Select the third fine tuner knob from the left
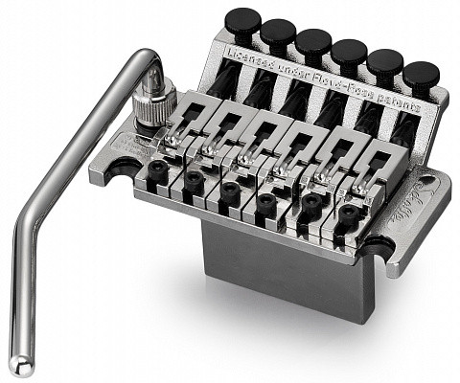[312, 42]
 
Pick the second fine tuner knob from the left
[277, 32]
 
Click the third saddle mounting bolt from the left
[230, 191]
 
